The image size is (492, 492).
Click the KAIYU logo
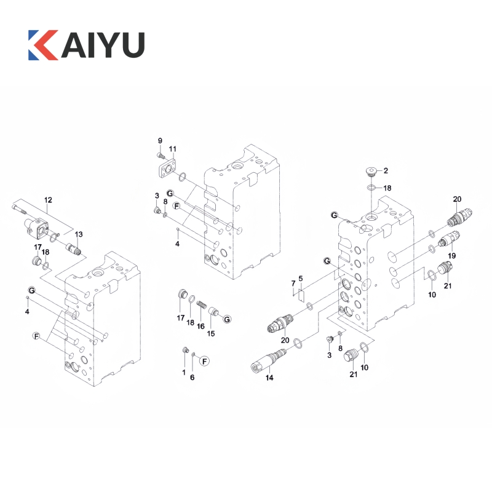(x=86, y=45)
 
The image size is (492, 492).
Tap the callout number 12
(x=48, y=200)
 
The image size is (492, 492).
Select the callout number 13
(x=79, y=234)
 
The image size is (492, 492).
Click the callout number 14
(x=269, y=378)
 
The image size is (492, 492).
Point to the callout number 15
(x=211, y=333)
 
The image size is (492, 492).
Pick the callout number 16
(x=200, y=327)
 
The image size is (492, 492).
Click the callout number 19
(x=452, y=256)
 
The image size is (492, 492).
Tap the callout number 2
(x=386, y=171)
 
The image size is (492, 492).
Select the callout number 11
(x=173, y=149)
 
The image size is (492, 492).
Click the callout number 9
(x=160, y=141)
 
